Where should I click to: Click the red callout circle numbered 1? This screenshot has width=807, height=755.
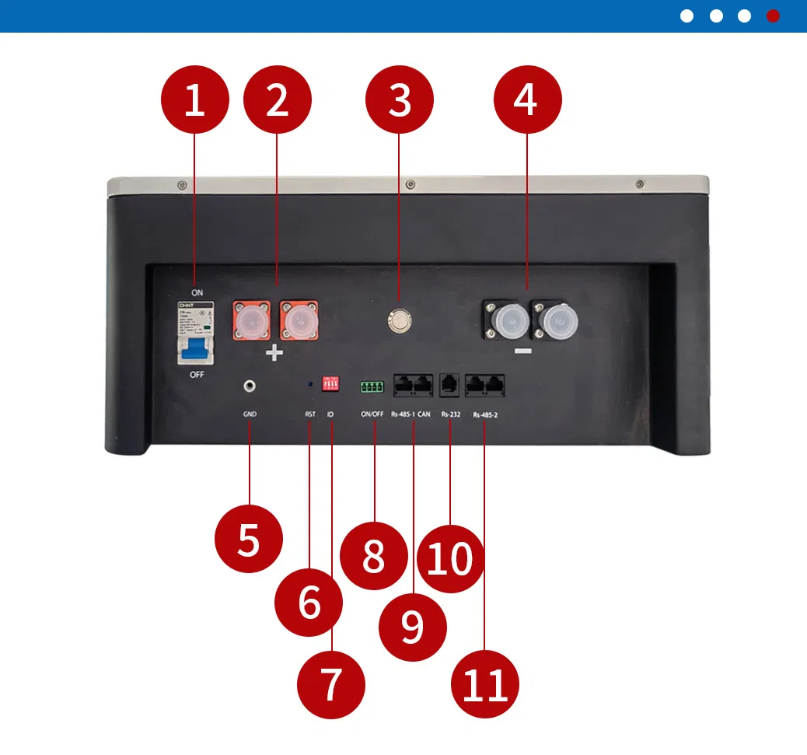pos(194,100)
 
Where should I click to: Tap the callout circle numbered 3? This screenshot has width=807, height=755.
pos(400,100)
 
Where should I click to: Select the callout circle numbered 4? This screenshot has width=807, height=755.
pos(527,100)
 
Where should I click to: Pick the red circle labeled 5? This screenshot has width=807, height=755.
pos(248,539)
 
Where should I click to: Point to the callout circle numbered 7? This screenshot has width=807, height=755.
pos(331,684)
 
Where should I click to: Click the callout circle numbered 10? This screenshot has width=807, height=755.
pos(450,558)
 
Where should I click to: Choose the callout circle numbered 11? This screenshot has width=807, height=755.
pos(485,684)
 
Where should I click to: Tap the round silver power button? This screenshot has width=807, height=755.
pos(400,319)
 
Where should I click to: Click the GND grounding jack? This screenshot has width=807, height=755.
pos(250,385)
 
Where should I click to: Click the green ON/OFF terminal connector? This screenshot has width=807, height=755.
pos(372,386)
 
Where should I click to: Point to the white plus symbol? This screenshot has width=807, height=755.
pos(274,354)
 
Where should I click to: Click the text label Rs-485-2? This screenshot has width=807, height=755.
pos(484,414)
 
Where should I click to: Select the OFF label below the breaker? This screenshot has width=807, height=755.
pos(197,375)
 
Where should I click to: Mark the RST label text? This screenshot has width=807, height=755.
pos(309,414)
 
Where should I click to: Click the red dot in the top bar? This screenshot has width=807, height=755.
pos(773,16)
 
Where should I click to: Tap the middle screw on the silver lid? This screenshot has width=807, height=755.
pos(410,184)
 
